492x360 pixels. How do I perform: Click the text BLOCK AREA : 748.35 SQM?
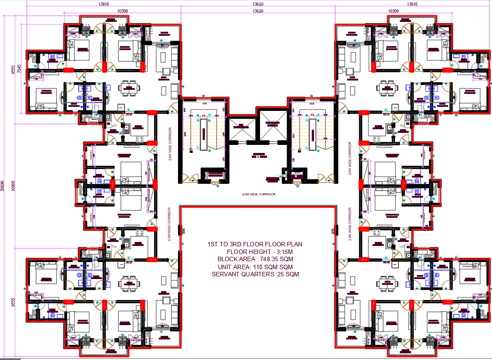[x=255, y=259]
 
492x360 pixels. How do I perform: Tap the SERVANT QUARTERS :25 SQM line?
[x=255, y=274]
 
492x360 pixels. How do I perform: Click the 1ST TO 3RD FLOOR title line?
[x=255, y=244]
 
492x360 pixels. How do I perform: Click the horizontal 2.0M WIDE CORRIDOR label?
[x=258, y=195]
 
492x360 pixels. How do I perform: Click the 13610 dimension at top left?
[x=103, y=4]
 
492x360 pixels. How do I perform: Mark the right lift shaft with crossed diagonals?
[x=272, y=121]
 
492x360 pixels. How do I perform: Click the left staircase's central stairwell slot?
[x=204, y=134]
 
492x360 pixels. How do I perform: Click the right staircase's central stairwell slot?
[x=312, y=134]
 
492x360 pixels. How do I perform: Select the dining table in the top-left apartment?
[x=129, y=88]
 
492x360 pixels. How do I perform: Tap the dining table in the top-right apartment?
[x=385, y=88]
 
